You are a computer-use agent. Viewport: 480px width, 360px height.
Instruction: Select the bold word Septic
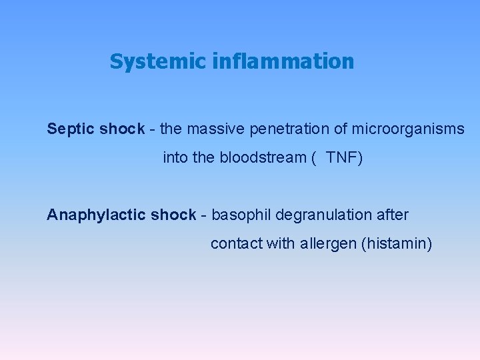(x=71, y=129)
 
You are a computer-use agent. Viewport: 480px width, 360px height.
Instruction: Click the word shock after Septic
(x=122, y=129)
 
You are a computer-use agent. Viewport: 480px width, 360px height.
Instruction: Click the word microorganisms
(x=409, y=129)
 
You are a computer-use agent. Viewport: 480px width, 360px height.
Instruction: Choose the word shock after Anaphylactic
(x=173, y=215)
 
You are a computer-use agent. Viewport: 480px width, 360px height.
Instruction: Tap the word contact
(x=236, y=244)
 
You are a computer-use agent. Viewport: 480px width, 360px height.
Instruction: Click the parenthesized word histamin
(x=396, y=244)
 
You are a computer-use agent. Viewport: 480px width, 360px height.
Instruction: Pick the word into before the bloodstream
(x=174, y=159)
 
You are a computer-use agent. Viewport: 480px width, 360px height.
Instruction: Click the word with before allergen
(x=279, y=244)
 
